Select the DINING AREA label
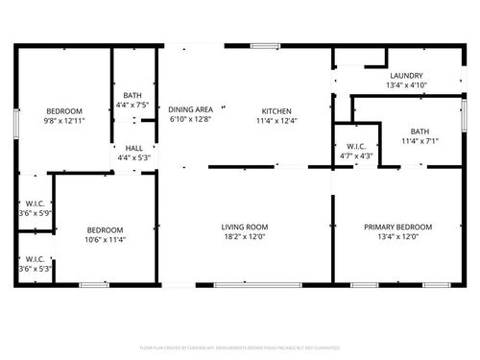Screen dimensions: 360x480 (x=189, y=109)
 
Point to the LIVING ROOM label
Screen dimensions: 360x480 (x=244, y=227)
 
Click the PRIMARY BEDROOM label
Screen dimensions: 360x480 (x=397, y=227)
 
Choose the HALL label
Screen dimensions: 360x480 (x=134, y=148)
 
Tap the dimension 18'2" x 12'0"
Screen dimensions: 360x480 (x=244, y=236)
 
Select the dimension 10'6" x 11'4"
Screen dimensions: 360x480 (x=105, y=239)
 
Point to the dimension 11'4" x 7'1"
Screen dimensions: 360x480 (x=420, y=141)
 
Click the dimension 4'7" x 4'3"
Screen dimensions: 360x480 (x=356, y=156)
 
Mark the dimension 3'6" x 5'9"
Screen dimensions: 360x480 (x=35, y=213)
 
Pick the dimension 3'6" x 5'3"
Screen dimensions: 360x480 (x=35, y=269)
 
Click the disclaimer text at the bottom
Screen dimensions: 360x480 (x=240, y=347)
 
